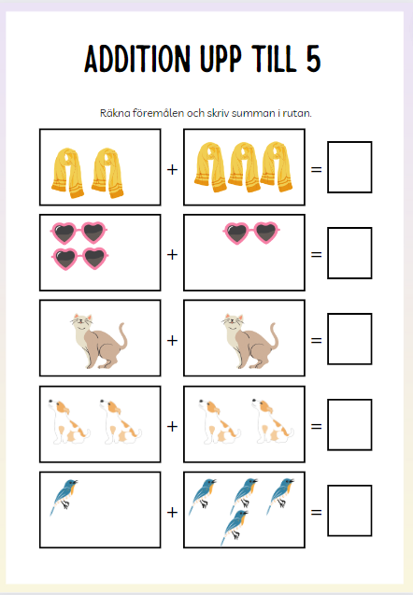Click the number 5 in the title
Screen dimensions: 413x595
313,59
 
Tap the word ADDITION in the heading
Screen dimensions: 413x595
137,59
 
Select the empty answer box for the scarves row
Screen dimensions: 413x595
349,167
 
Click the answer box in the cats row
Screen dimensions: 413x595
349,339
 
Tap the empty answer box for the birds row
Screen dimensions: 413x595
349,510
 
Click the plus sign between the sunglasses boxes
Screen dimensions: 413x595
172,254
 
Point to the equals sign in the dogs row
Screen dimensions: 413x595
316,426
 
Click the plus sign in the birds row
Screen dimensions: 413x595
172,512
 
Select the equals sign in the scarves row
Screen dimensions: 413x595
316,169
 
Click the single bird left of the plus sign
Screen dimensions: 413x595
64,496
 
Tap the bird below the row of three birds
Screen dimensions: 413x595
235,528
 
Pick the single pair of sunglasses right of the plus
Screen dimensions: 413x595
251,233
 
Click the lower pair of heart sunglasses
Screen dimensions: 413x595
79,259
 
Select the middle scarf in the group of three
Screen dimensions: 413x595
244,166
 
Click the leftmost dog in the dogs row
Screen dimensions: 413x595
69,421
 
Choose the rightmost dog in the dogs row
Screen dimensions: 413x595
272,420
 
